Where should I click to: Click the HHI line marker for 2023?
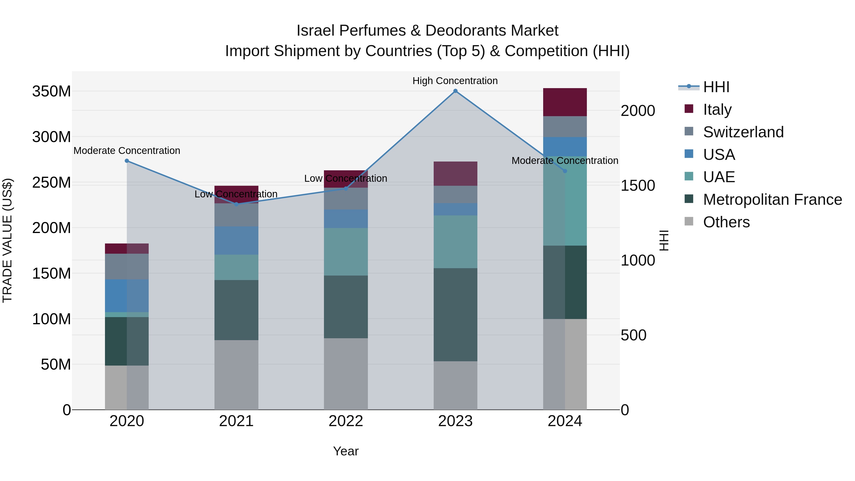click(455, 91)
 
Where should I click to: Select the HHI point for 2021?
click(236, 204)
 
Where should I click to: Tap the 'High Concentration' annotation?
click(455, 81)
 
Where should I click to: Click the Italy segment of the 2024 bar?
click(565, 102)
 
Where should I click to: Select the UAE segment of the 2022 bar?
click(346, 252)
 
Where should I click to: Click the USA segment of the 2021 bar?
click(236, 240)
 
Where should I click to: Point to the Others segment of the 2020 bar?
click(127, 387)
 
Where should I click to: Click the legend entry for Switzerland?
click(743, 132)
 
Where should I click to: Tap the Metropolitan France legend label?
click(772, 200)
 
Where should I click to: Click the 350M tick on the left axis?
click(52, 91)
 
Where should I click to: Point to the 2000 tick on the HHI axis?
click(638, 111)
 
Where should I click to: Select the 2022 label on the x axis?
click(346, 421)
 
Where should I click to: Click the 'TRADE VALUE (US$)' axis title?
click(7, 240)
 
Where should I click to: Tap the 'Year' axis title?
click(346, 451)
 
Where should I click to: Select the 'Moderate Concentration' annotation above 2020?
click(127, 151)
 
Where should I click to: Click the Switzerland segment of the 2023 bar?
click(455, 195)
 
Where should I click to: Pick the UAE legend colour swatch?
click(689, 176)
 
